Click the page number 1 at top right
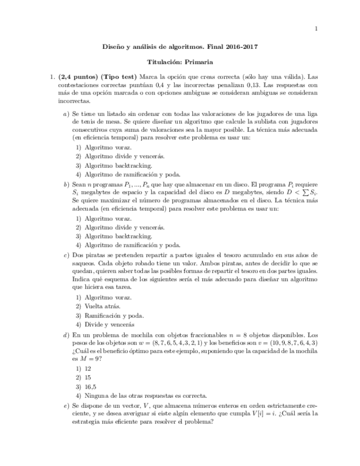(315, 29)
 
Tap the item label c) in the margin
(66, 255)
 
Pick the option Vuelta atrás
(102, 306)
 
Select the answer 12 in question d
(88, 369)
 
